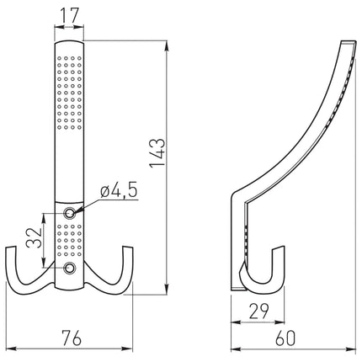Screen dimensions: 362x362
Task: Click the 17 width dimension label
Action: coord(69,15)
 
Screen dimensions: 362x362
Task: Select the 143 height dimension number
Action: coord(157,153)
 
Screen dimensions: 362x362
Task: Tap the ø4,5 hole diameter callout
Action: coord(119,191)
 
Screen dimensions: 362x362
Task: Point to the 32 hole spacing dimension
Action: coord(35,237)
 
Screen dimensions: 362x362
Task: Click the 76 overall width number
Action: coord(72,338)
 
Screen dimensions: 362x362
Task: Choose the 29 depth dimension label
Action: coord(258,311)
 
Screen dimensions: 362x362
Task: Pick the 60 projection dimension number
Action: coord(285,338)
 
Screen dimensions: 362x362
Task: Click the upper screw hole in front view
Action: coord(69,213)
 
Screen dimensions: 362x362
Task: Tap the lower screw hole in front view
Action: coord(69,268)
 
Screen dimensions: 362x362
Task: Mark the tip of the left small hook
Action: coord(11,248)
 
